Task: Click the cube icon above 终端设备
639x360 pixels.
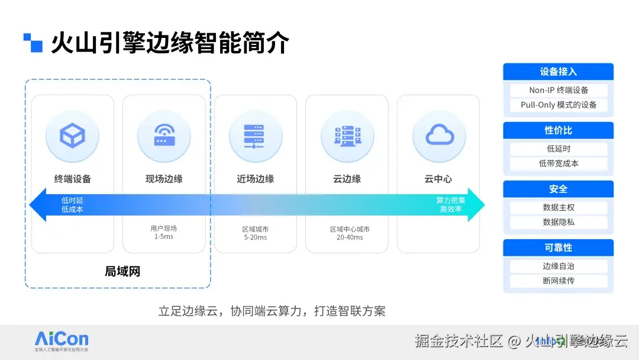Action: [x=72, y=136]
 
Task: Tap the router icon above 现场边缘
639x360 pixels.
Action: [x=164, y=136]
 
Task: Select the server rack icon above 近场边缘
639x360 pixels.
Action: [x=255, y=136]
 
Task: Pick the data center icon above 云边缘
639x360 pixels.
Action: [x=347, y=136]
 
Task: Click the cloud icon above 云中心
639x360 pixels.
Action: [x=438, y=136]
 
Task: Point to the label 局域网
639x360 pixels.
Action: [x=122, y=272]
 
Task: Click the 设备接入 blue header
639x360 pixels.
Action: [x=558, y=72]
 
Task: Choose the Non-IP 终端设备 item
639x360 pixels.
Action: [x=558, y=91]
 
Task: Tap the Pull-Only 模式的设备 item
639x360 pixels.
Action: [x=558, y=105]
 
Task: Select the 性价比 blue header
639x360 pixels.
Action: [x=558, y=130]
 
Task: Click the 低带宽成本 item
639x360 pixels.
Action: [x=558, y=163]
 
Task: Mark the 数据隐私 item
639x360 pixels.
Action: [x=558, y=222]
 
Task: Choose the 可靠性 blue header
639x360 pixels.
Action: [x=558, y=247]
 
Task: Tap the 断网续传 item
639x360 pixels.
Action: [x=558, y=281]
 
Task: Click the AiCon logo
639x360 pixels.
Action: [x=62, y=340]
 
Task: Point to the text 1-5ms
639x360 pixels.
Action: [x=164, y=237]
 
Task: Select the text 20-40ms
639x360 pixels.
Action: [x=350, y=237]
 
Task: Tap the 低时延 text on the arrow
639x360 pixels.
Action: [x=72, y=201]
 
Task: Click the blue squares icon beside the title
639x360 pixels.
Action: [x=33, y=43]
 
